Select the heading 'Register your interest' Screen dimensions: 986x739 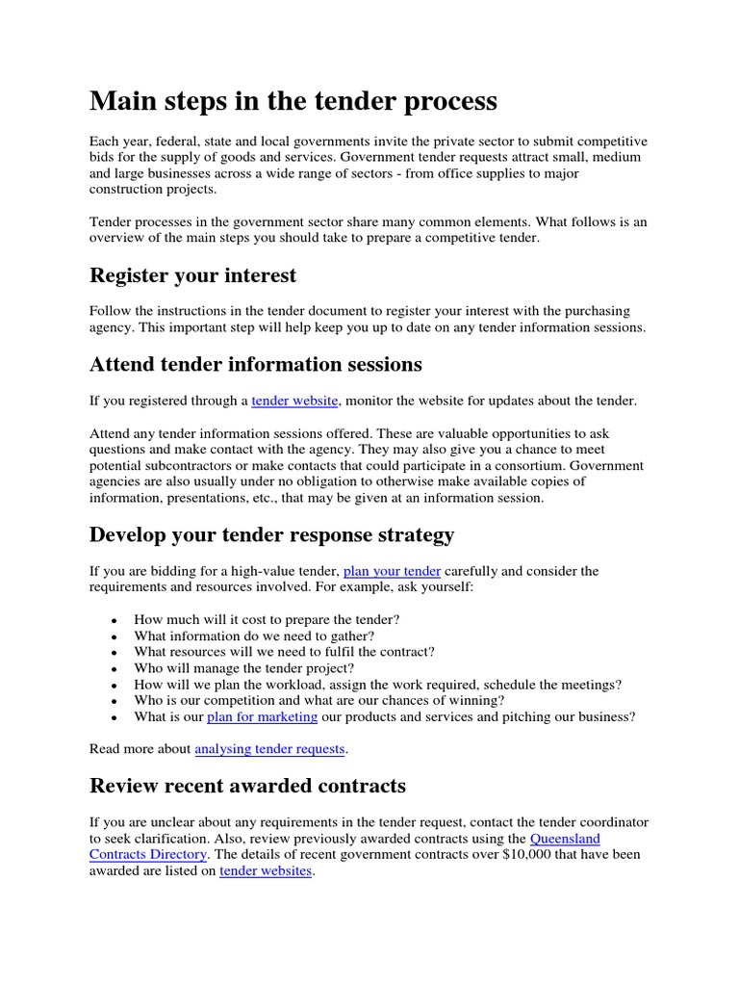click(192, 275)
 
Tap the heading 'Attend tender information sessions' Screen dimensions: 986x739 click(255, 364)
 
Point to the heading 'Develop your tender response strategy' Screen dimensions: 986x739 click(271, 533)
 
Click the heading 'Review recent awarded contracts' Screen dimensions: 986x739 click(247, 786)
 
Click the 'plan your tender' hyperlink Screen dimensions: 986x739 click(392, 571)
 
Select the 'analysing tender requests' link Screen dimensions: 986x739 click(269, 748)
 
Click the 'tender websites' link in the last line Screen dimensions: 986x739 click(266, 871)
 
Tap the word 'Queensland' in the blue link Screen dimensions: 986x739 click(565, 839)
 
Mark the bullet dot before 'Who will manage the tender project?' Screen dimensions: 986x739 click(115, 669)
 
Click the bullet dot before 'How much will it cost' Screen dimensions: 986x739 click(115, 620)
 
